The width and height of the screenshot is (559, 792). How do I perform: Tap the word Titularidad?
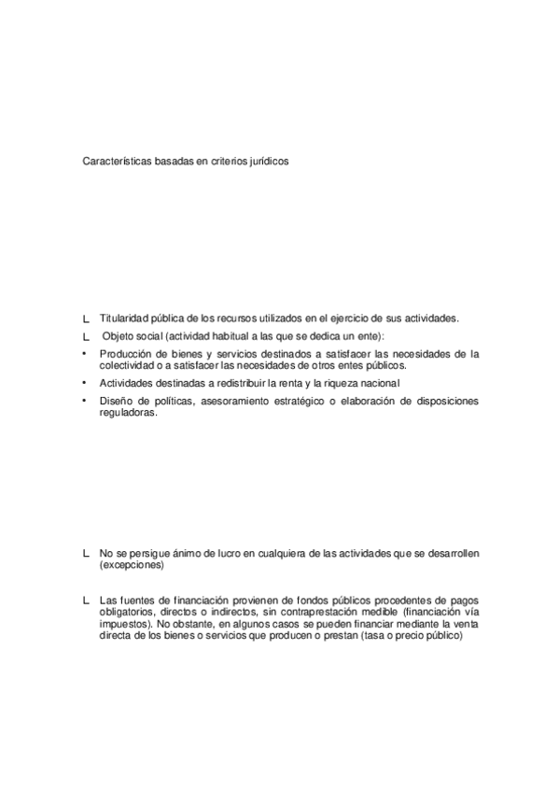click(x=125, y=318)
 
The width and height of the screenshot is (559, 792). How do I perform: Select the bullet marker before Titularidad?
click(x=86, y=318)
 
